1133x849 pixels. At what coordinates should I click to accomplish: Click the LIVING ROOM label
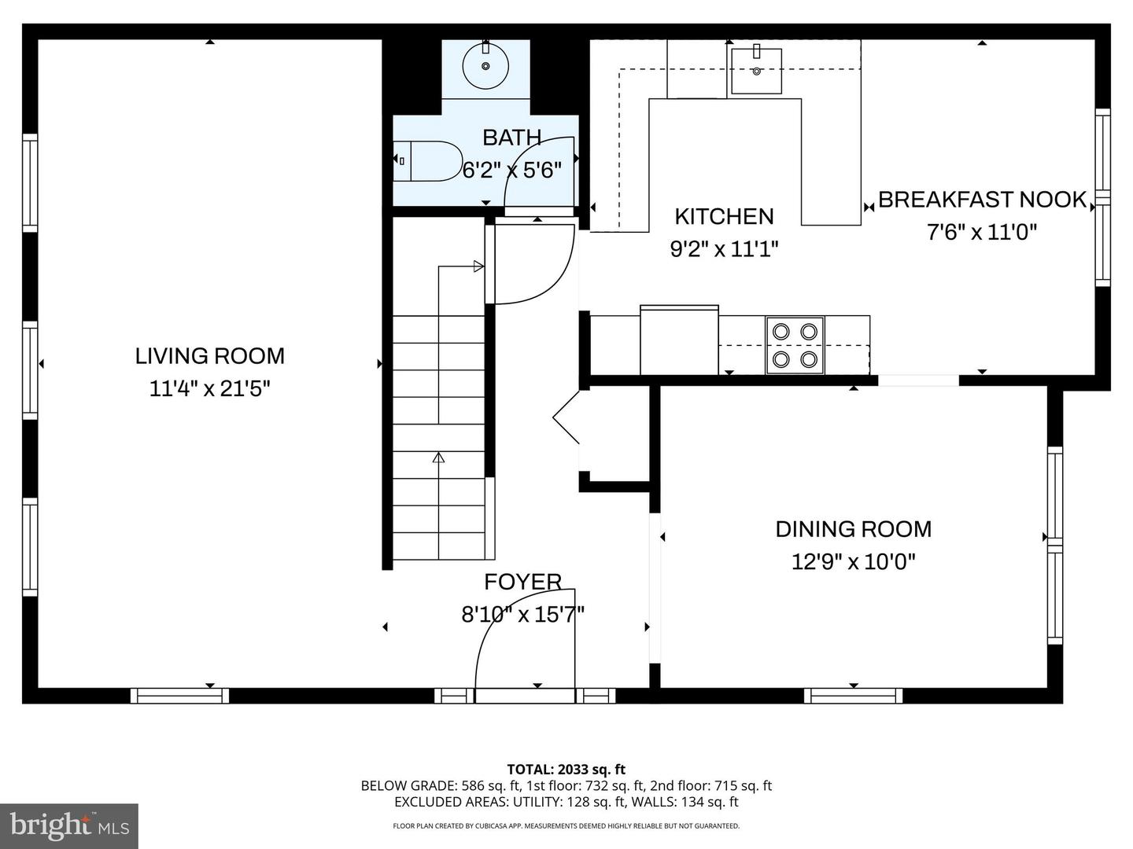point(209,356)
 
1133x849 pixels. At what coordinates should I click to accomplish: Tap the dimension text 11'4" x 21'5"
point(209,388)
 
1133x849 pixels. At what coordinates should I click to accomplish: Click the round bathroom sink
point(485,66)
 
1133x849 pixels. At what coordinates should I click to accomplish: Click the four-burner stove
point(795,345)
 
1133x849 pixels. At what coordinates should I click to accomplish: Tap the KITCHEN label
point(724,216)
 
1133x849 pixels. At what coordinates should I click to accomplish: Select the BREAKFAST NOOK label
point(982,200)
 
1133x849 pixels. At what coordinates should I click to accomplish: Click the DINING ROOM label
point(853,529)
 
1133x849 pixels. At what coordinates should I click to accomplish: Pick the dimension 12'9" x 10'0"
point(853,561)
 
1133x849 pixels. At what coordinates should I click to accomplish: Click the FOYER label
point(522,582)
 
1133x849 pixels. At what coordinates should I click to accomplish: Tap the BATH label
point(511,138)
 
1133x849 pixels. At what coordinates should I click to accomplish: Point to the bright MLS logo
point(69,825)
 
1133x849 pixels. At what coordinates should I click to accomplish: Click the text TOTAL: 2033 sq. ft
point(566,770)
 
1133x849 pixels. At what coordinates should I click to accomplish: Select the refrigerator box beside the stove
point(679,340)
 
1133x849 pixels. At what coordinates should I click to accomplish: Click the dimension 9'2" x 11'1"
point(724,249)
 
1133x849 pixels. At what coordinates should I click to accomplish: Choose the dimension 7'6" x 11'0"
point(982,233)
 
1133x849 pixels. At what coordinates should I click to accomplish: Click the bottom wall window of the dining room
point(853,696)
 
